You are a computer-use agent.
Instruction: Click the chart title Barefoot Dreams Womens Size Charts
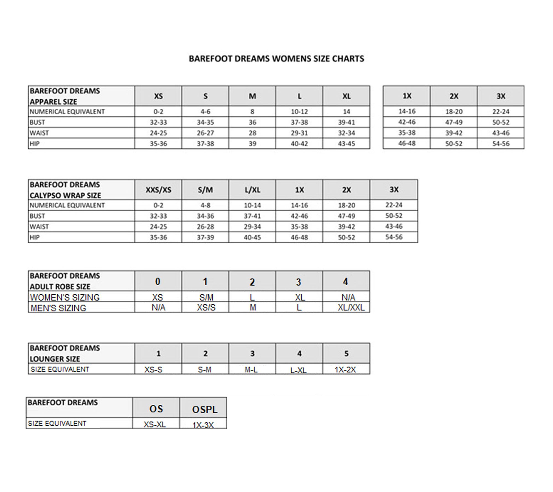click(276, 59)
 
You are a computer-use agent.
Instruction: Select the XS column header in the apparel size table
click(158, 96)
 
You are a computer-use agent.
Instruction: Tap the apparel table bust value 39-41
click(346, 122)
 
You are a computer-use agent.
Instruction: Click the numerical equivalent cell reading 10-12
click(299, 112)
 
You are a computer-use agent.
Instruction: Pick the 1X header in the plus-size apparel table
click(407, 96)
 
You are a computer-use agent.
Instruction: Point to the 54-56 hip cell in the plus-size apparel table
click(500, 144)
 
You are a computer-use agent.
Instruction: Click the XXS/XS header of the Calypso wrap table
click(158, 190)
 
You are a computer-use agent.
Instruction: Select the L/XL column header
click(252, 190)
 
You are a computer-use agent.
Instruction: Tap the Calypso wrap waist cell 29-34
click(252, 227)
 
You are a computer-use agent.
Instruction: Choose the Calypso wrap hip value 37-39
click(205, 237)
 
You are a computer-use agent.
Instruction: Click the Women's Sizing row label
click(65, 297)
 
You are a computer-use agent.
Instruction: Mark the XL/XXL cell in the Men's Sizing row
click(351, 307)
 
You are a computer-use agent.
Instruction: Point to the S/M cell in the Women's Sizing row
click(206, 297)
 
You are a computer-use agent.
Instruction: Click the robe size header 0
click(158, 281)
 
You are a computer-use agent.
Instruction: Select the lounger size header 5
click(346, 353)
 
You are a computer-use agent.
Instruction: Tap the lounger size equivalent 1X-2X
click(345, 370)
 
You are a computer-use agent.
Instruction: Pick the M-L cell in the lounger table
click(251, 370)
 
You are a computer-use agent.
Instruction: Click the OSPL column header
click(205, 409)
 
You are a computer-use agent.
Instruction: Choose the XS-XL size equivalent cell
click(155, 424)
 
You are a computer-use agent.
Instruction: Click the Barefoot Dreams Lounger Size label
click(65, 353)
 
